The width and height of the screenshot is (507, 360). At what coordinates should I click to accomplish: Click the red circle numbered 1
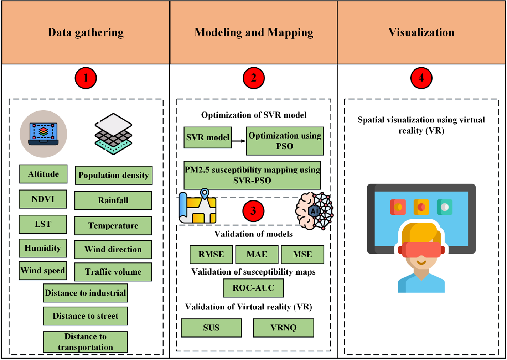86,78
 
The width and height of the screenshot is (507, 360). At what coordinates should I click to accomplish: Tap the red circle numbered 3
253,211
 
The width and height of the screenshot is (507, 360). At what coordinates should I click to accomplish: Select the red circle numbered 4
421,78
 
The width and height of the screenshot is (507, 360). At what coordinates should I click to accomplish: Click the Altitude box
43,174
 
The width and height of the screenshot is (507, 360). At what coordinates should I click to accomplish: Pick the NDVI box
43,199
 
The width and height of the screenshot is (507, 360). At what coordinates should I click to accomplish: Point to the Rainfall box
113,200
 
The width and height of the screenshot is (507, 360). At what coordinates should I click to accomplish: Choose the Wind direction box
113,250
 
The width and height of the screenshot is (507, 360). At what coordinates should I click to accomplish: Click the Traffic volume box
113,272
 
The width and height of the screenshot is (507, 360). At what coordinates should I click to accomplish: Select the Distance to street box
85,316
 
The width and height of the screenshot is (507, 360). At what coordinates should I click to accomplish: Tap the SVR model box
208,137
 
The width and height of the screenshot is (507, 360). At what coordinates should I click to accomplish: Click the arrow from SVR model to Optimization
239,141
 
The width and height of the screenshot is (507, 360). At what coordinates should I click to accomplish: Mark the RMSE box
211,254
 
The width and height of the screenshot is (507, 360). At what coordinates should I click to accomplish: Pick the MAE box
257,254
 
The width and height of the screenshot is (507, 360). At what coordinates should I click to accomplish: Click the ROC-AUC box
253,288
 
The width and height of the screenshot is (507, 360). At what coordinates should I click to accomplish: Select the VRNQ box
283,328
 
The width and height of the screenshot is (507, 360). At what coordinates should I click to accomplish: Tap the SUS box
211,328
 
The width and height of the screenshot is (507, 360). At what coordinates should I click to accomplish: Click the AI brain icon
314,211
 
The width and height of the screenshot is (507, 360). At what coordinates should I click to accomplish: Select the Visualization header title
421,33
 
